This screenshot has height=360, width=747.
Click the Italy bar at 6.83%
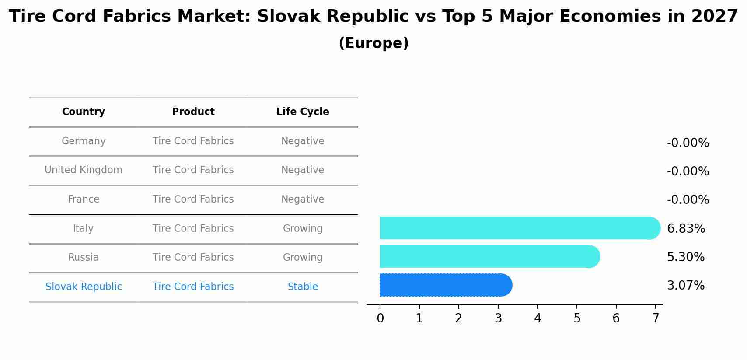point(520,228)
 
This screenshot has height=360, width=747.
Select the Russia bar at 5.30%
point(489,256)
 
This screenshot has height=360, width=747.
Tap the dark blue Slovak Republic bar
point(445,285)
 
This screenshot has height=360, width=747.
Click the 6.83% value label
point(686,228)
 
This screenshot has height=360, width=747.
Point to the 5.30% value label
point(685,257)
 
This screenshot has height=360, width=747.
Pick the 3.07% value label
point(685,285)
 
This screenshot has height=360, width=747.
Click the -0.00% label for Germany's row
point(688,143)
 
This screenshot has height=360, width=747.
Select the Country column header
point(84,112)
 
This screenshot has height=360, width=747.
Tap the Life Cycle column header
point(303,112)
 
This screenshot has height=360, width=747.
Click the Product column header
point(193,112)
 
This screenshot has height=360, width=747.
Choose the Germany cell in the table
point(84,141)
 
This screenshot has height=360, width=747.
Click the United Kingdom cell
point(84,170)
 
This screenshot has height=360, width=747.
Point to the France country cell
point(84,199)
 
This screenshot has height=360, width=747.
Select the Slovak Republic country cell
point(84,287)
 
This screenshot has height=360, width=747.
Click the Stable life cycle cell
point(303,287)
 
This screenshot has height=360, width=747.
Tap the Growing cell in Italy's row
point(303,228)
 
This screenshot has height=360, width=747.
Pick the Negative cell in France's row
point(303,199)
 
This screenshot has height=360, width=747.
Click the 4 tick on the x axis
point(538,318)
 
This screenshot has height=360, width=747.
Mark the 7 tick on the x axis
point(656,318)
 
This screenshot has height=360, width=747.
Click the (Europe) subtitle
point(373,43)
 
